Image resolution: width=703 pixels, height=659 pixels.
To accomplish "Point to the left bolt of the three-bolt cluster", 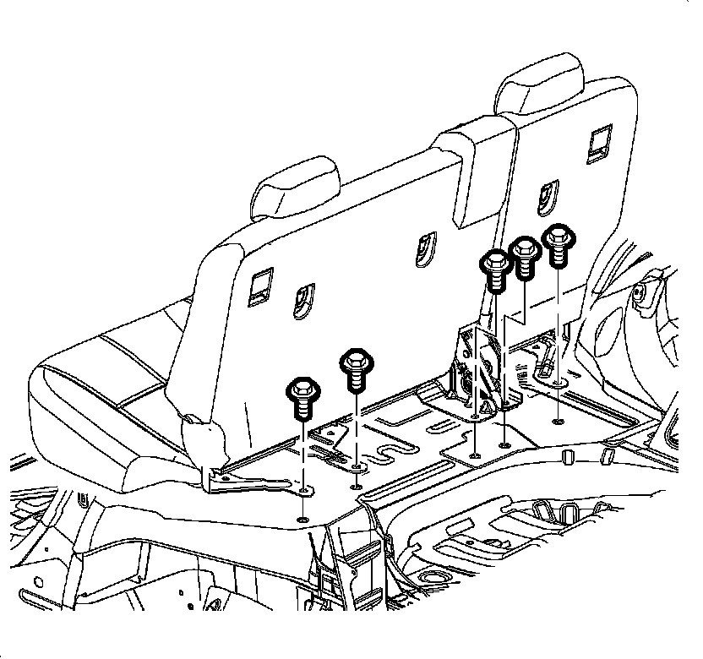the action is coord(494,264).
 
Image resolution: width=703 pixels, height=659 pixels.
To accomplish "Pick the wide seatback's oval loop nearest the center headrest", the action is coord(422,248).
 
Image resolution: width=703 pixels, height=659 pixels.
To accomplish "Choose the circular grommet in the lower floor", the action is coord(436,579).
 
